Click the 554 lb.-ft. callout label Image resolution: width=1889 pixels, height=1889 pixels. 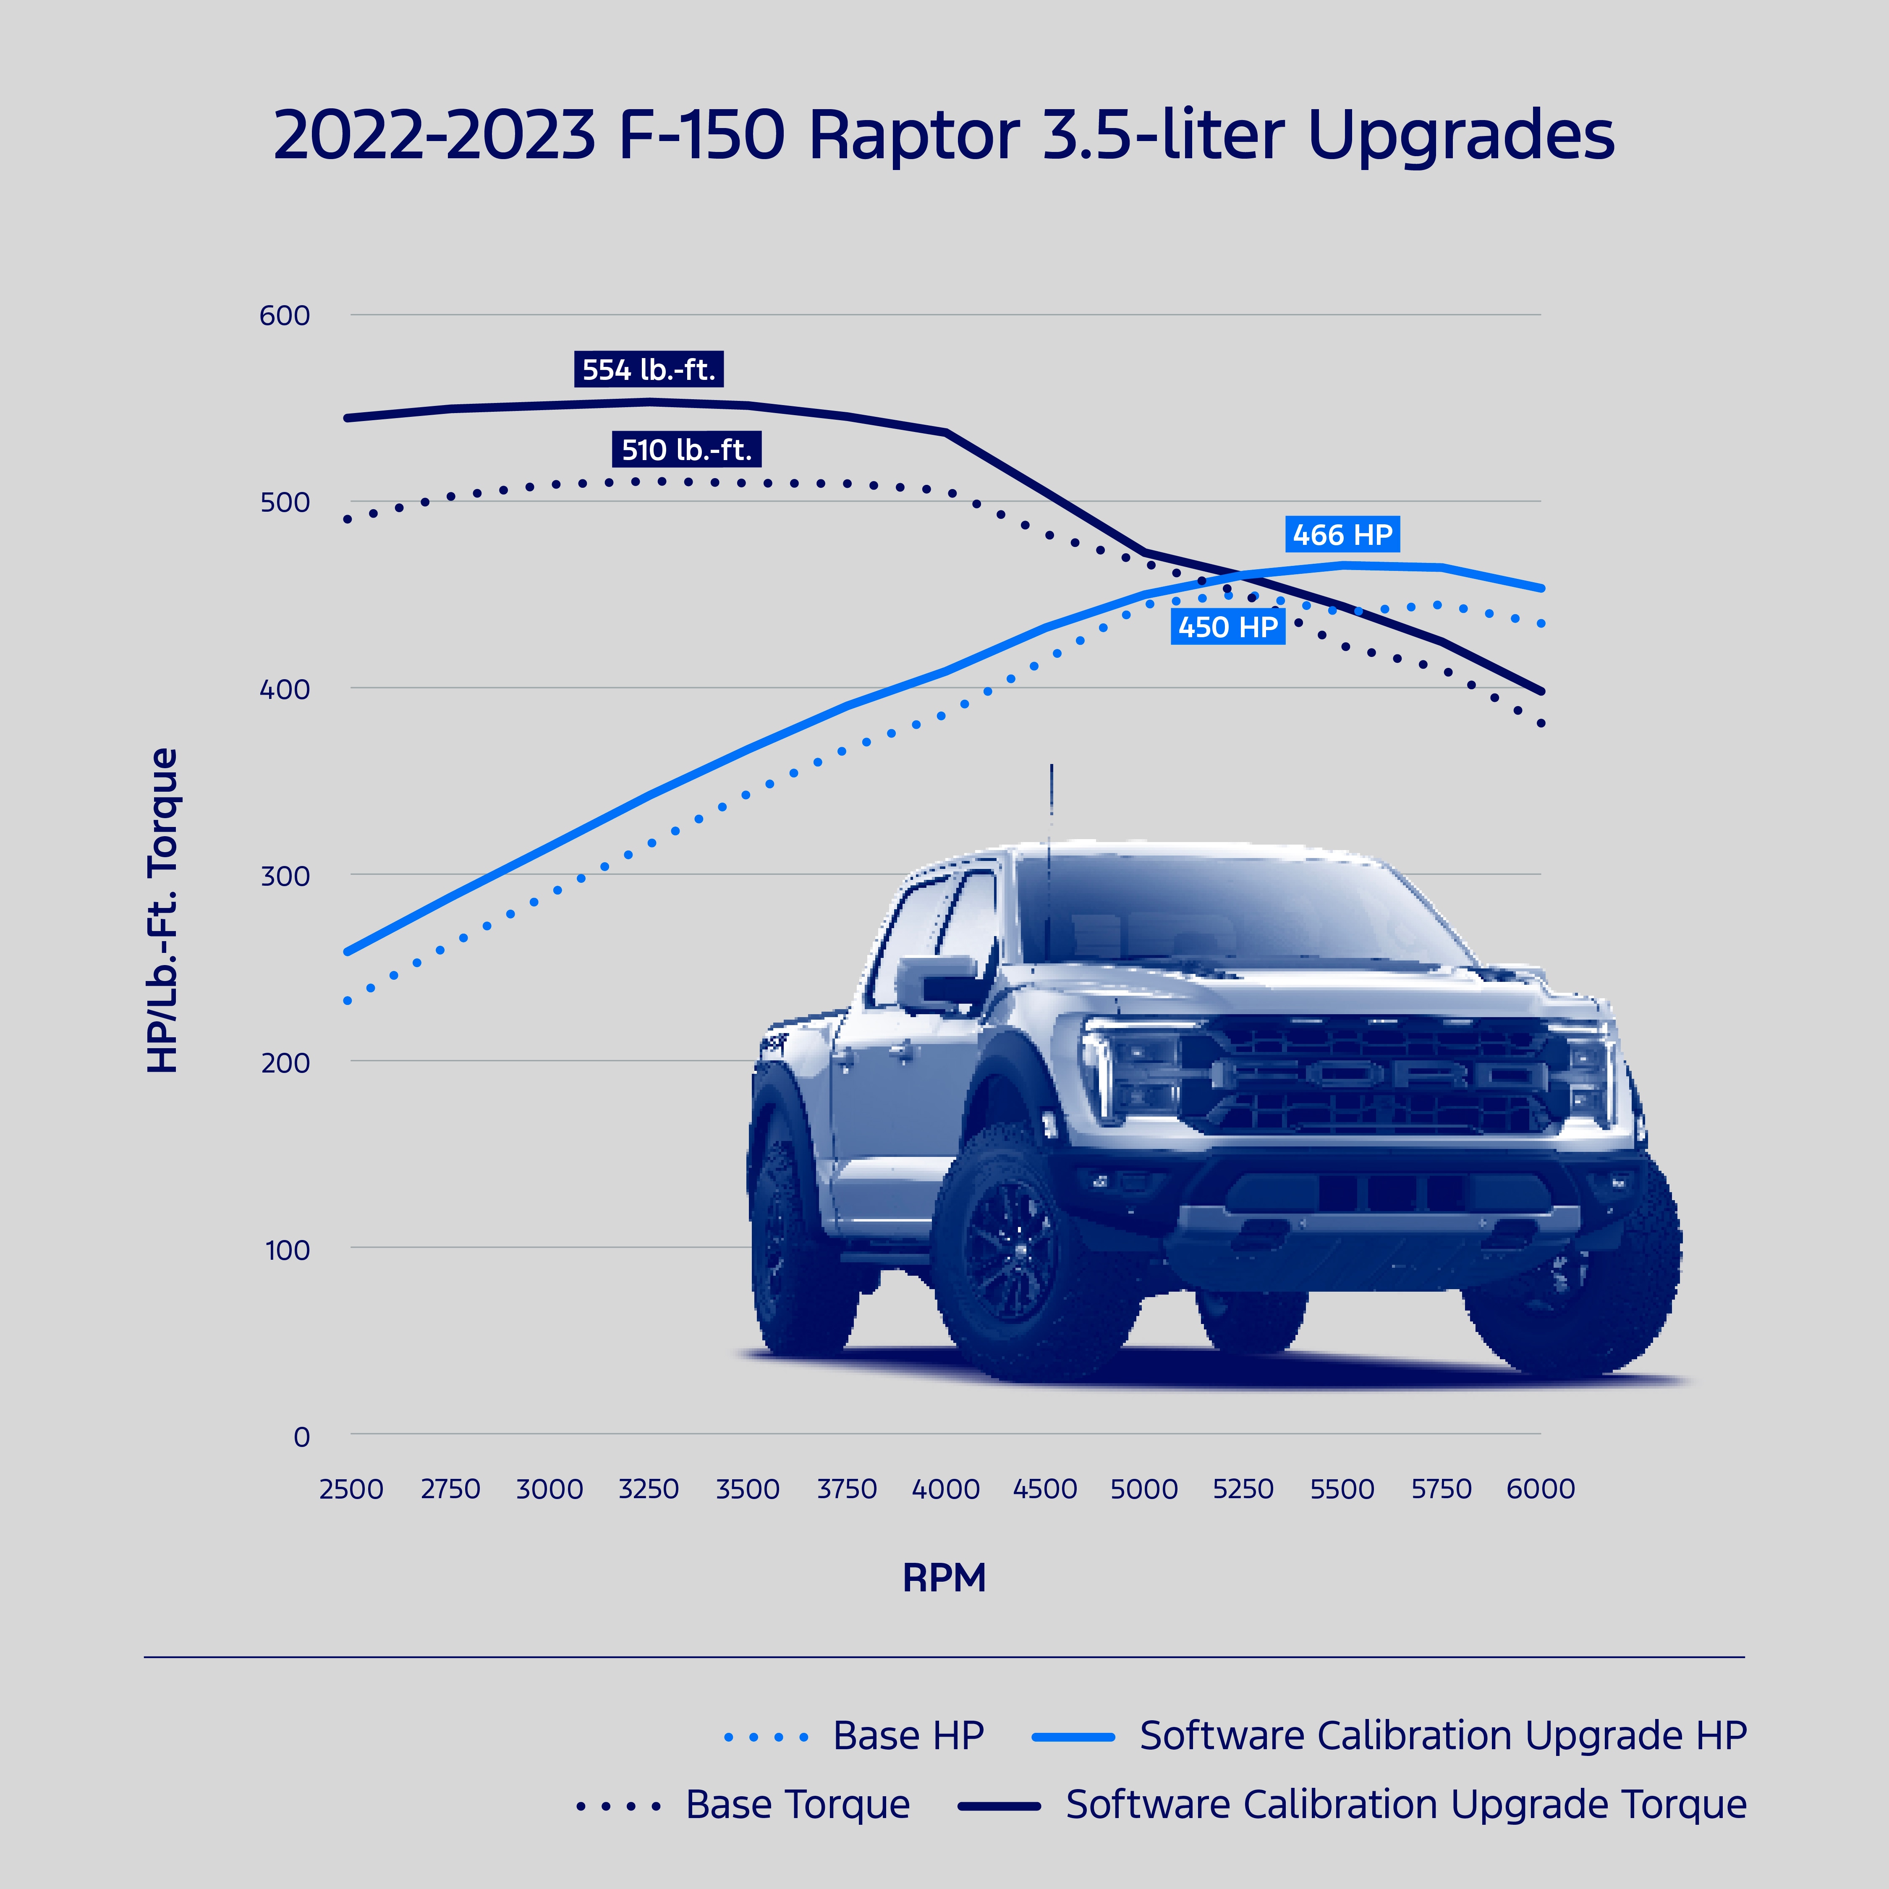pos(648,369)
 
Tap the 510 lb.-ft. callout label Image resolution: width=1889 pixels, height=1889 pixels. pos(686,450)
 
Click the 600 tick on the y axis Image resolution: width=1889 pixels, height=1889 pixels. pos(285,316)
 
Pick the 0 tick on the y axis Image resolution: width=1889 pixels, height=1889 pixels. pos(301,1436)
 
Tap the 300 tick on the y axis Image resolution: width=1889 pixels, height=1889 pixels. pos(285,876)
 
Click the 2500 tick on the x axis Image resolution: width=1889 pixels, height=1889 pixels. pos(351,1489)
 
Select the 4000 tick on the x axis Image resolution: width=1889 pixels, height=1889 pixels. pos(945,1489)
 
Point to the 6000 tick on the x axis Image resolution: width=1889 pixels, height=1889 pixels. pos(1540,1489)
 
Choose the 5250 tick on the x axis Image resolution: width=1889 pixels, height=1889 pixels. pos(1243,1489)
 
